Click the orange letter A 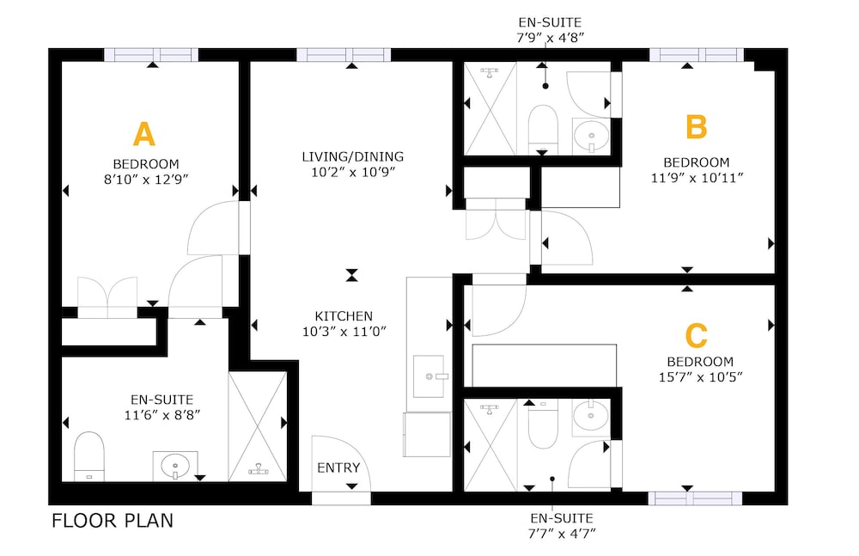144,134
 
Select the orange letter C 697,335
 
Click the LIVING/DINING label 353,156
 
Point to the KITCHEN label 344,316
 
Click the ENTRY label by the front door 338,467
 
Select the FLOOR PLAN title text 113,521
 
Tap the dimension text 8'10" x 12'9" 146,180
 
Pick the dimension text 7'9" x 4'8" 551,38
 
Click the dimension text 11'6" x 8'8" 162,415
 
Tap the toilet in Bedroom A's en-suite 88,456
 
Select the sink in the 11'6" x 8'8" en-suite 175,466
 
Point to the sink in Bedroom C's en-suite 591,416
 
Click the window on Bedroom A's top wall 152,55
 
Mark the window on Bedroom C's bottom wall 695,498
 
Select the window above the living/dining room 344,55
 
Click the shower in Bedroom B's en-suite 490,108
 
